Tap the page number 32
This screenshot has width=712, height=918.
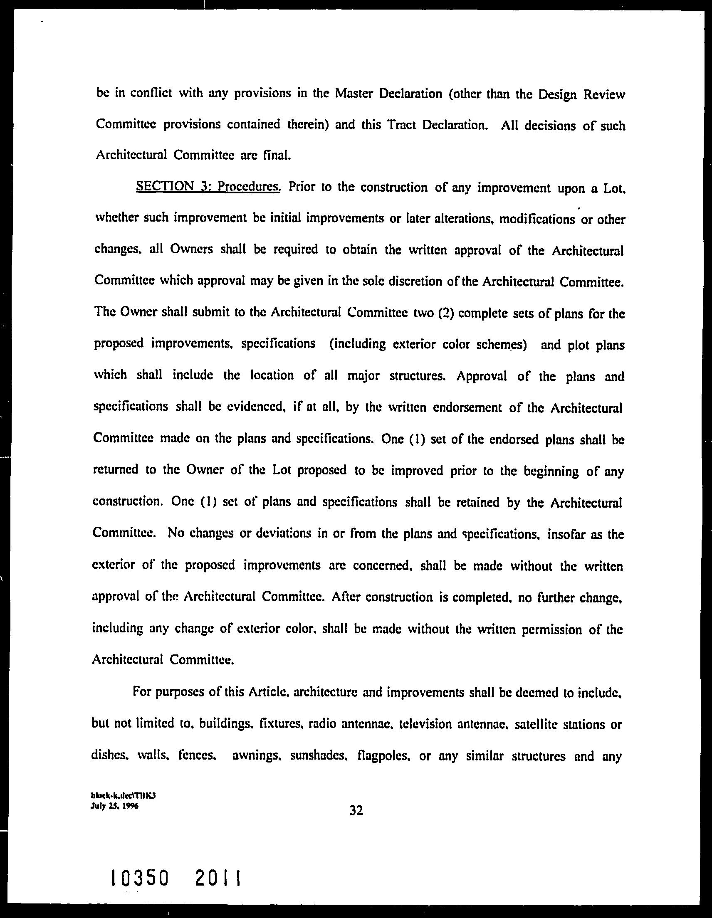click(356, 810)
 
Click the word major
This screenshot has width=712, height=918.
click(364, 375)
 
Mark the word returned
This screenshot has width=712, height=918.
click(115, 470)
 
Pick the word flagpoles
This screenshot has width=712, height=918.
click(382, 757)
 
